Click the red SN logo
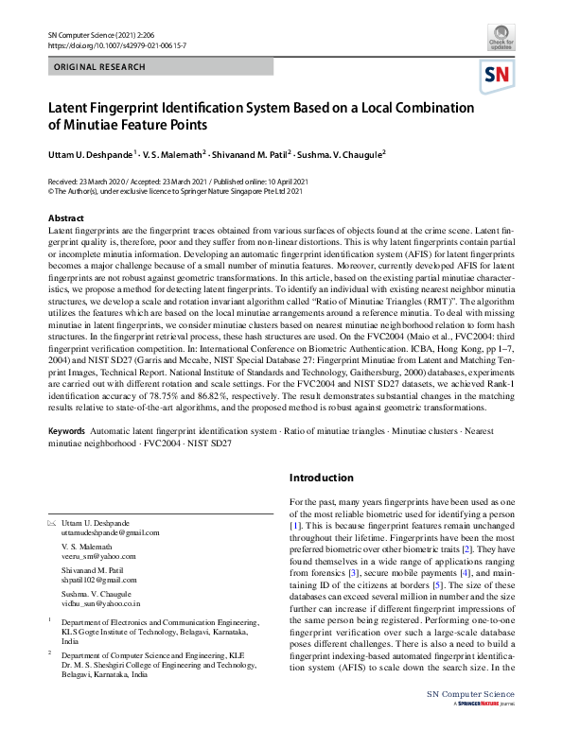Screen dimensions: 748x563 (499, 76)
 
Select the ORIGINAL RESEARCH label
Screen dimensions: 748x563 (100, 67)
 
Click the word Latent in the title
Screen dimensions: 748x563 (72, 108)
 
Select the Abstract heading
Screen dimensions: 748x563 (66, 218)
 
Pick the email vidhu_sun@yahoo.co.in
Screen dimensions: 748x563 (100, 601)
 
